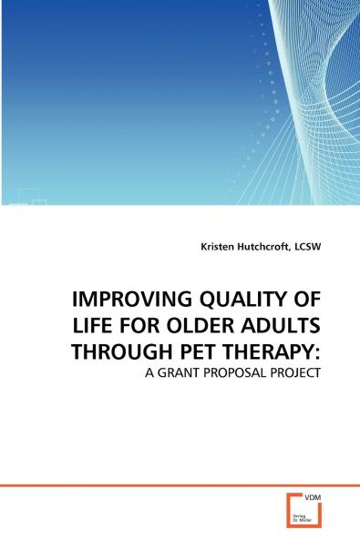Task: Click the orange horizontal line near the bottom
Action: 137,485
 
